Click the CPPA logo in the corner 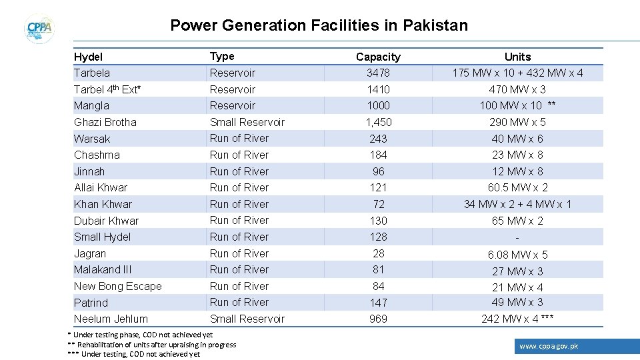click(39, 29)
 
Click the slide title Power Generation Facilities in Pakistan click(319, 26)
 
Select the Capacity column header click(378, 57)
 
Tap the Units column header click(517, 57)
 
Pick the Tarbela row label click(92, 73)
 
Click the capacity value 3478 click(378, 73)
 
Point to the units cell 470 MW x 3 click(517, 89)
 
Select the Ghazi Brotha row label click(105, 122)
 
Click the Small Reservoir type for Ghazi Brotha click(247, 122)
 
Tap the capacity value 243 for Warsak click(378, 139)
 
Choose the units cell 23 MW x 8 click(517, 155)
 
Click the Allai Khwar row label click(101, 187)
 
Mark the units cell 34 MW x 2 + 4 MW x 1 click(517, 204)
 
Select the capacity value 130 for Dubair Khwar click(378, 221)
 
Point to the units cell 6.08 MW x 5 click(517, 255)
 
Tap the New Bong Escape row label click(118, 286)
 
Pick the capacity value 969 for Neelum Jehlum click(378, 319)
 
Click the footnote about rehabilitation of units click(153, 345)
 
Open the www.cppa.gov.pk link click(549, 346)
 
